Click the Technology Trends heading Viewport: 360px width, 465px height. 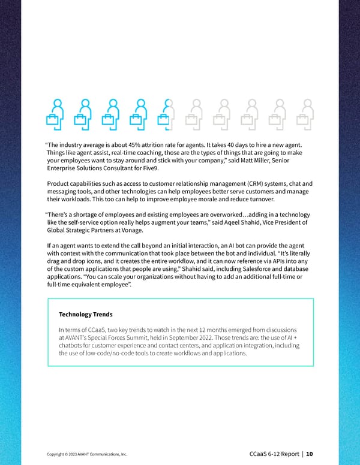[86, 314]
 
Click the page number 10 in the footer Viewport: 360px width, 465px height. [309, 454]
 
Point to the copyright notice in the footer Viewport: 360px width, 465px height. [86, 454]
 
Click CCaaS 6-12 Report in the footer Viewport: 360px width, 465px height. [274, 454]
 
